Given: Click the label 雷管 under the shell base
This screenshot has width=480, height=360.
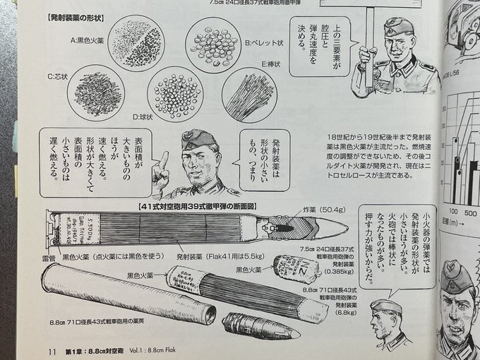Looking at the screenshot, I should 49,260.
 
